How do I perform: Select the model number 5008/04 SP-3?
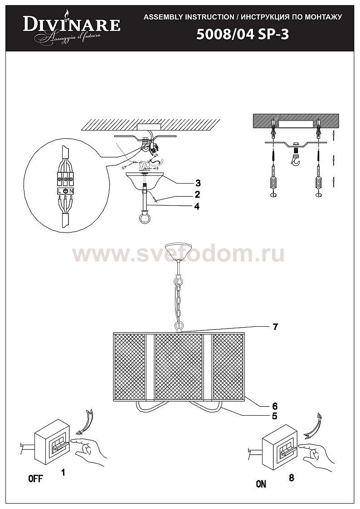243,35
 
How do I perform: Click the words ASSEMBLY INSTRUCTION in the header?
189,17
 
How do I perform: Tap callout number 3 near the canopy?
198,183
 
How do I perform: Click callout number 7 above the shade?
275,326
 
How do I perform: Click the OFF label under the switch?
36,479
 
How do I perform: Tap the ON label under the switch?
261,484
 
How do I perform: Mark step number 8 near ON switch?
291,478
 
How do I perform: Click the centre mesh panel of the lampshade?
179,366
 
